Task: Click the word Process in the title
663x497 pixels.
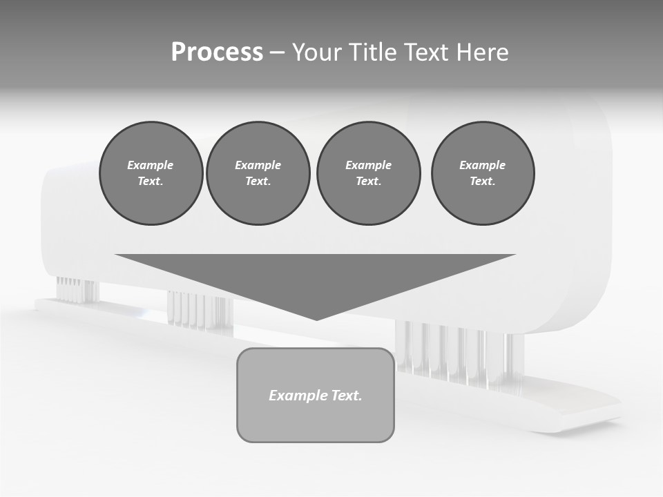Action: click(x=217, y=52)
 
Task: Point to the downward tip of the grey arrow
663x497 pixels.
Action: click(x=316, y=318)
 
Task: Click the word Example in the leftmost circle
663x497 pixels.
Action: click(x=151, y=165)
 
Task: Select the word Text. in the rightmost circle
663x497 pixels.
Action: click(x=483, y=181)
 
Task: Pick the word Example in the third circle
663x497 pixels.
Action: click(x=368, y=165)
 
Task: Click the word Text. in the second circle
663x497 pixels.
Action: click(x=258, y=181)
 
